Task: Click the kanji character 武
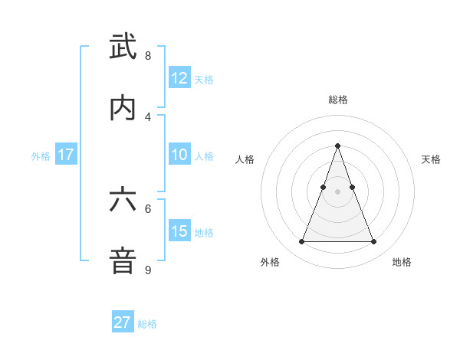pyautogui.click(x=123, y=47)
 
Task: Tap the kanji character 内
pyautogui.click(x=123, y=108)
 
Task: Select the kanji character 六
pyautogui.click(x=123, y=200)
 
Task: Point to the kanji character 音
pyautogui.click(x=123, y=261)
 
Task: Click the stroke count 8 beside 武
pyautogui.click(x=148, y=56)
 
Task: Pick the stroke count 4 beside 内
pyautogui.click(x=148, y=116)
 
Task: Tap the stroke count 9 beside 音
pyautogui.click(x=148, y=270)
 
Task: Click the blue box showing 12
pyautogui.click(x=179, y=78)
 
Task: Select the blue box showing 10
pyautogui.click(x=179, y=155)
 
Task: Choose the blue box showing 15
pyautogui.click(x=179, y=231)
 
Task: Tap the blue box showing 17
pyautogui.click(x=66, y=155)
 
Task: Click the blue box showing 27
pyautogui.click(x=123, y=322)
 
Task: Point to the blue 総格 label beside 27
pyautogui.click(x=147, y=324)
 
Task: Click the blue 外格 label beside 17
pyautogui.click(x=41, y=156)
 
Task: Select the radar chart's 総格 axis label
pyautogui.click(x=338, y=100)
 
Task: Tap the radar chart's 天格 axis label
pyautogui.click(x=432, y=159)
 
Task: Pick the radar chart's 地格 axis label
pyautogui.click(x=402, y=262)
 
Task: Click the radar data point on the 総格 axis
pyautogui.click(x=337, y=146)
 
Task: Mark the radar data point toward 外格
pyautogui.click(x=301, y=242)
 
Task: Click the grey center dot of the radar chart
pyautogui.click(x=337, y=191)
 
